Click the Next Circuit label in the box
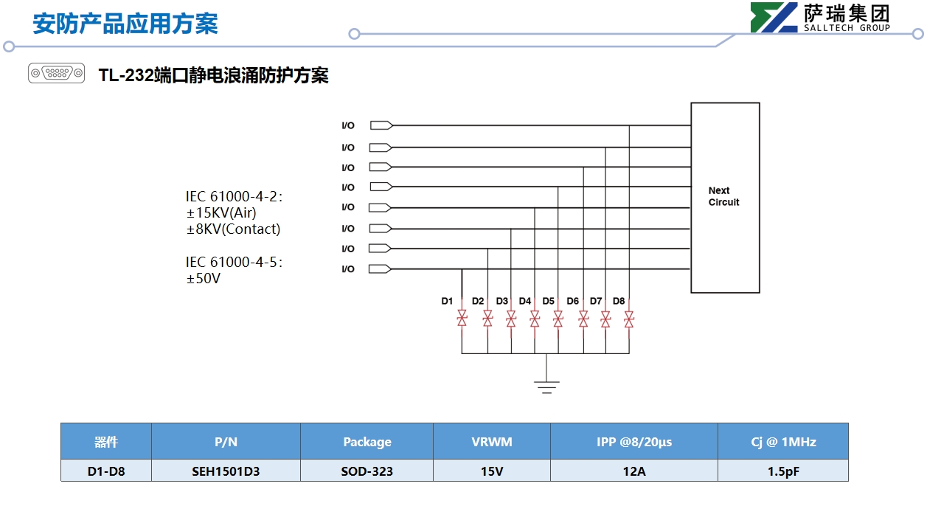pos(723,196)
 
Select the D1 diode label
pos(447,301)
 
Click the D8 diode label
pos(619,301)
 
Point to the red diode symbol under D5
pos(558,319)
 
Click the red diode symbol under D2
pos(487,319)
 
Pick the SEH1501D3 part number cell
pos(226,471)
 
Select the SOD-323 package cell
pos(367,471)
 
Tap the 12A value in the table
pos(634,471)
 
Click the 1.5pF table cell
pos(782,471)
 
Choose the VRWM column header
pos(492,442)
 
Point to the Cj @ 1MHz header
pos(783,442)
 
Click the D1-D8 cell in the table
pos(106,471)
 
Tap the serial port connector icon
pos(56,73)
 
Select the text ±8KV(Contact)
pos(233,229)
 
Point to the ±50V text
pos(204,279)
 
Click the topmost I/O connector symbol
pos(381,125)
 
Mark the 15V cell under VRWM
pos(492,471)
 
